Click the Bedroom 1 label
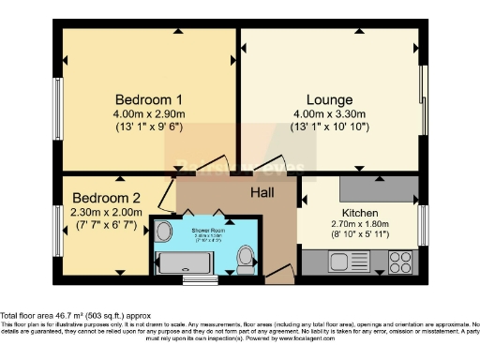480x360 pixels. tap(148, 99)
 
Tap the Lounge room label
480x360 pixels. tap(329, 99)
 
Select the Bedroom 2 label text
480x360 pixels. tap(107, 198)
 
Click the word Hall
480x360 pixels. tap(263, 192)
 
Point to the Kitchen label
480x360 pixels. tap(360, 213)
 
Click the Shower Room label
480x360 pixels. tap(207, 228)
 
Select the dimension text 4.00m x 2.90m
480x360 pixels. tap(148, 114)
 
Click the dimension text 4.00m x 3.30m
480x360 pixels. tap(329, 114)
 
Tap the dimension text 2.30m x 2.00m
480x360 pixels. tap(107, 213)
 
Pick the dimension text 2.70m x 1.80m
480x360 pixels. tap(360, 226)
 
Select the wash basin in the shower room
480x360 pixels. tap(163, 231)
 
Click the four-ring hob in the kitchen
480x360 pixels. tap(401, 260)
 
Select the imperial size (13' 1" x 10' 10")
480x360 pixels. tap(329, 127)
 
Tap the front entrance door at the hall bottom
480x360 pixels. tap(278, 275)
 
